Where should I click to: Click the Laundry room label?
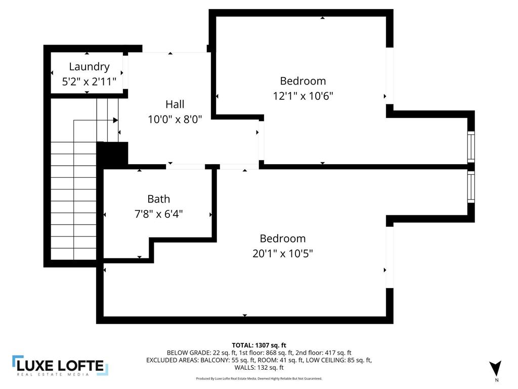[x=89, y=66]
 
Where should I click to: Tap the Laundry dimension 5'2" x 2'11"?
[x=89, y=81]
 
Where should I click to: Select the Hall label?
[x=175, y=104]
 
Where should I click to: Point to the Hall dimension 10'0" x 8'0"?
[x=175, y=120]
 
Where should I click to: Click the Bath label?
[x=159, y=199]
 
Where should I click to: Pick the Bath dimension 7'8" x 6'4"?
[x=159, y=214]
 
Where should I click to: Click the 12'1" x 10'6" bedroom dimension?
[x=303, y=96]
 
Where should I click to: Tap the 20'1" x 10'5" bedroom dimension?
[x=283, y=253]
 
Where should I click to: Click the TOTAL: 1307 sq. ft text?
[x=259, y=345]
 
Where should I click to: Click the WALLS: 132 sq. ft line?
[x=259, y=368]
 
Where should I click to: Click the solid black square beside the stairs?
[x=112, y=153]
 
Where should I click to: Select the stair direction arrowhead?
[x=115, y=120]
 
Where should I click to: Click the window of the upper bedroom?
[x=471, y=146]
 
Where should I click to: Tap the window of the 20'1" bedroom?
[x=471, y=187]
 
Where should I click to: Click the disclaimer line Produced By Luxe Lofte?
[x=259, y=378]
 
